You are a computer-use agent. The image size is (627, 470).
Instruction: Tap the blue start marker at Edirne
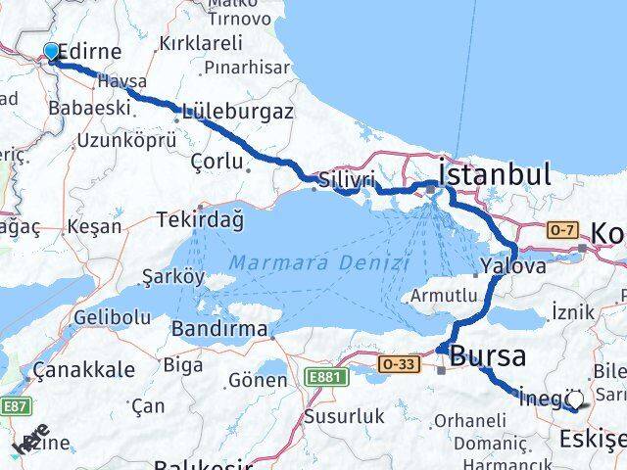(x=52, y=52)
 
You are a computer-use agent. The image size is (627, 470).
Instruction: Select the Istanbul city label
(x=494, y=175)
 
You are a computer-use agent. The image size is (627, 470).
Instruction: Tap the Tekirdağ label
(x=199, y=220)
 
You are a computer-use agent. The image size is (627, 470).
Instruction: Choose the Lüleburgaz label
(x=237, y=112)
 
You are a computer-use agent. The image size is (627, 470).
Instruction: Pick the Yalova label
(x=512, y=266)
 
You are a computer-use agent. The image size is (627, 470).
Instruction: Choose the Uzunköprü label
(x=126, y=140)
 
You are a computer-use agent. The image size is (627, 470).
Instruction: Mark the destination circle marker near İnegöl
(x=574, y=398)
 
